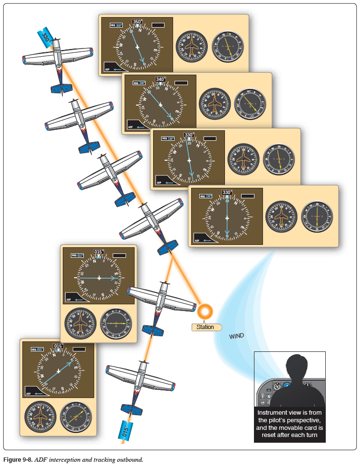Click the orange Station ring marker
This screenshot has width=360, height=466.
(205, 311)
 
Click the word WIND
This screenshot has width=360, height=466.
(236, 336)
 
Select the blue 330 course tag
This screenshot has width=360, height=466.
(46, 39)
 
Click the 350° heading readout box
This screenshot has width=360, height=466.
(137, 21)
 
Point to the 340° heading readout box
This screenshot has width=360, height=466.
(161, 79)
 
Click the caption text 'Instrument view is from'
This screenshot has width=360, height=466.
(290, 413)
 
